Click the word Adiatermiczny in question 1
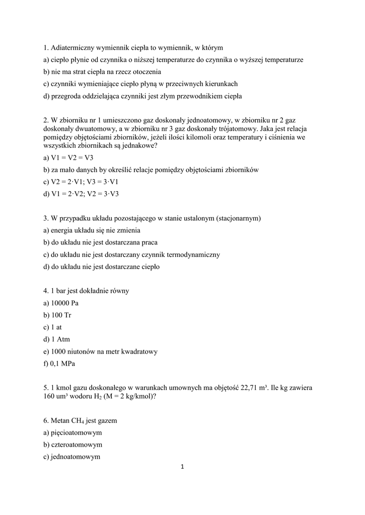pyautogui.click(x=74, y=48)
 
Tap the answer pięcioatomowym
pyautogui.click(x=72, y=433)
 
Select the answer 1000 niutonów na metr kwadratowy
pyautogui.click(x=101, y=352)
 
